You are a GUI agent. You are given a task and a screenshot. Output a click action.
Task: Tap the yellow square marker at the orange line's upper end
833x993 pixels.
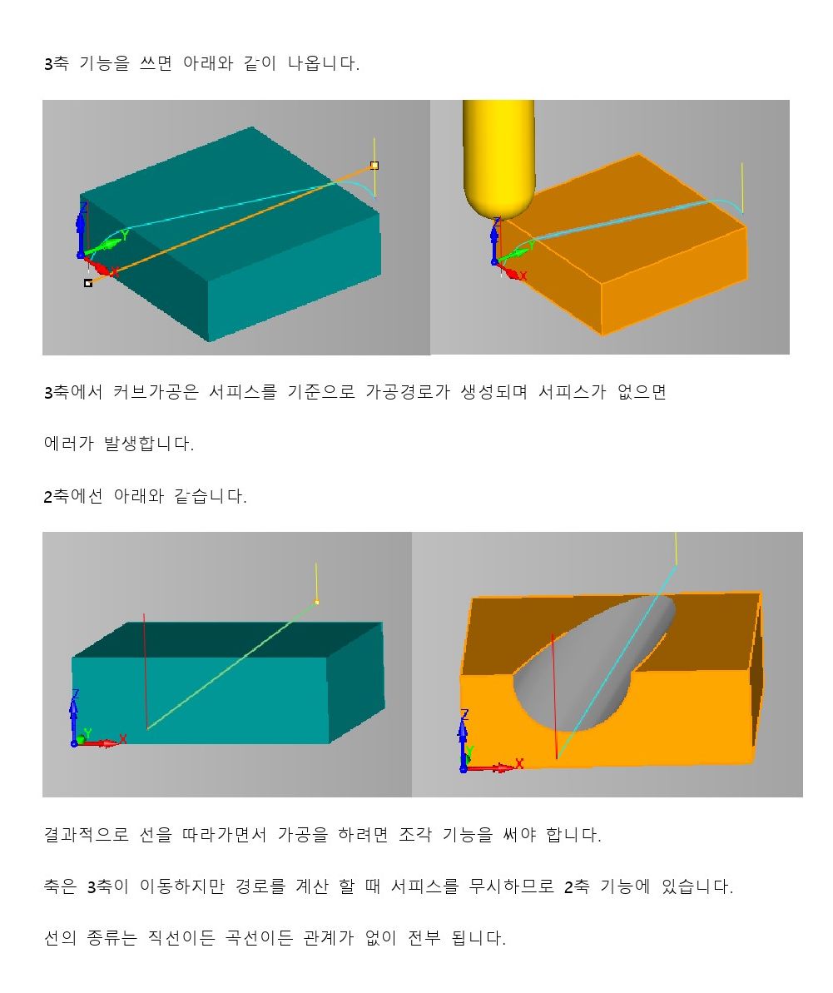point(374,166)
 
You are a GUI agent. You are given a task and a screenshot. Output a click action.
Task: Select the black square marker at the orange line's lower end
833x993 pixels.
point(88,283)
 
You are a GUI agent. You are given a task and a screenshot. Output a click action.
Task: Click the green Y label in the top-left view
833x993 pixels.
point(125,235)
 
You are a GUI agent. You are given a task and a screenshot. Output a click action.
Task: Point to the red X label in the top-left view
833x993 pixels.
point(115,272)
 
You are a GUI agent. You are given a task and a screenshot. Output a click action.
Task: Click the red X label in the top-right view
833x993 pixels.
point(523,276)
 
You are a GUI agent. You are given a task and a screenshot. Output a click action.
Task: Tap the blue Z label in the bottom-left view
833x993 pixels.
point(76,694)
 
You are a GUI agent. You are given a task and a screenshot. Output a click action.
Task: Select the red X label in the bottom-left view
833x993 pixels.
point(123,739)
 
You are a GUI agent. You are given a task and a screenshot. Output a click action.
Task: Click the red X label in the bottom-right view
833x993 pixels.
point(519,763)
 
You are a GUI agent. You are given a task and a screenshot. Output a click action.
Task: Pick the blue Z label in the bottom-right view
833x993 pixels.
point(464,714)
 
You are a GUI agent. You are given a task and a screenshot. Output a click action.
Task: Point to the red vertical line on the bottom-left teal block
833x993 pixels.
point(146,671)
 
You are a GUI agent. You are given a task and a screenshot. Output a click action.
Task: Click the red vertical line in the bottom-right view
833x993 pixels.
point(554,696)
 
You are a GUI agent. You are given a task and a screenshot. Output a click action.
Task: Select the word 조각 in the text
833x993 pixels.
point(415,835)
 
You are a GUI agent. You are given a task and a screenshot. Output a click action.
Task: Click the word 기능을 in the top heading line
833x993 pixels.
point(105,63)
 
